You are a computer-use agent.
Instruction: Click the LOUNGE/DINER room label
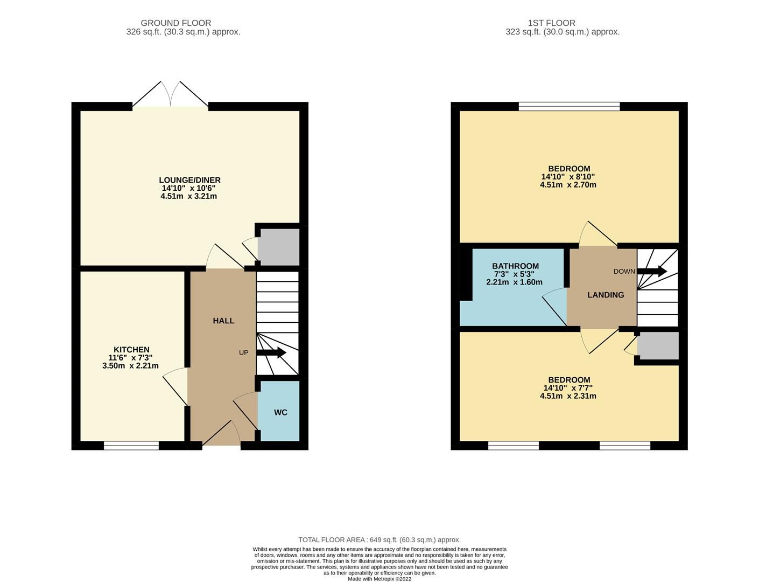pos(189,180)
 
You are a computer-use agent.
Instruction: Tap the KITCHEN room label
pos(131,350)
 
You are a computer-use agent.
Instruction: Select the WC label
pos(280,412)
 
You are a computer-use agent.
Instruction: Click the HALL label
pos(223,321)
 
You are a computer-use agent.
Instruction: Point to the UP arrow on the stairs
pos(271,353)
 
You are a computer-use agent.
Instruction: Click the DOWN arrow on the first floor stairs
pos(652,271)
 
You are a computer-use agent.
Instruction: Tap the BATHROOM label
pos(515,266)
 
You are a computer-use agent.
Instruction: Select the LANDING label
pos(606,295)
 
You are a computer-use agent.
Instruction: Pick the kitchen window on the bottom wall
pos(131,445)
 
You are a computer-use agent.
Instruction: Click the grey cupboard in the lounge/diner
pos(278,247)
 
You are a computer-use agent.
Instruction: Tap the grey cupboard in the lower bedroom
pos(658,345)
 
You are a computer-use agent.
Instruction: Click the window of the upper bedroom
pos(569,106)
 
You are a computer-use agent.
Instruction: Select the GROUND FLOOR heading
pos(175,23)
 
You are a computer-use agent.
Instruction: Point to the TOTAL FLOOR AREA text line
pos(380,539)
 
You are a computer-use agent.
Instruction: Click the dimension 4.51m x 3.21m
pos(188,196)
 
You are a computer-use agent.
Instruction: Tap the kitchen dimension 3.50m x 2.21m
pos(130,366)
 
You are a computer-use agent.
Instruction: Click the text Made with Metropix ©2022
pos(380,579)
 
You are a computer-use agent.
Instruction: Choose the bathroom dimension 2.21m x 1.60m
pos(514,282)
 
